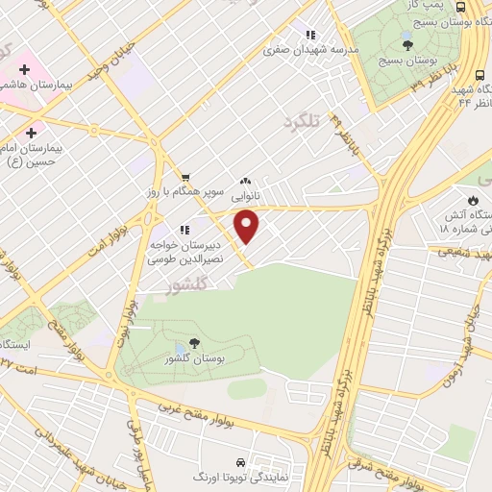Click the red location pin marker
247,227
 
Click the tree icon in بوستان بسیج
407,43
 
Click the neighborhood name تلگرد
301,122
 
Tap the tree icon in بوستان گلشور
196,342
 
